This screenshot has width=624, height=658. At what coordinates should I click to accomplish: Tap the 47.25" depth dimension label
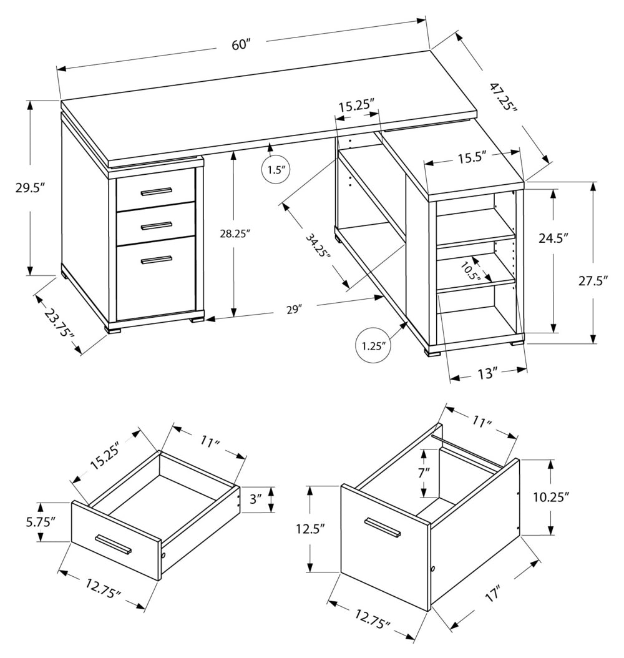pyautogui.click(x=502, y=96)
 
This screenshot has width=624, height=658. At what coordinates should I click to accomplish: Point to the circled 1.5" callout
pyautogui.click(x=276, y=169)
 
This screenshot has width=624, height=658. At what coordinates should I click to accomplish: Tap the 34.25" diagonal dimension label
pyautogui.click(x=318, y=245)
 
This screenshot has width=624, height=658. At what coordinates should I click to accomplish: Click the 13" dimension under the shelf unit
pyautogui.click(x=487, y=374)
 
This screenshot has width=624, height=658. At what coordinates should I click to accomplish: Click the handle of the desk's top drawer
pyautogui.click(x=156, y=190)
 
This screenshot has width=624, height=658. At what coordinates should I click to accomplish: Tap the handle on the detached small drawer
pyautogui.click(x=113, y=544)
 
